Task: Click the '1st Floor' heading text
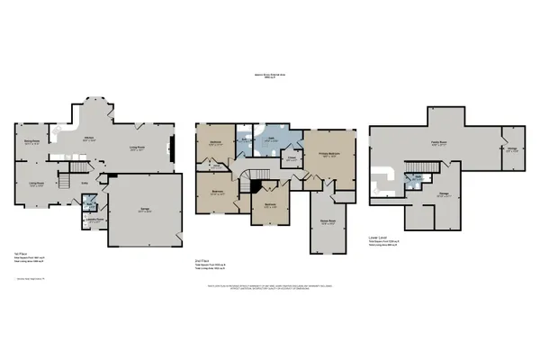coord(19,254)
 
